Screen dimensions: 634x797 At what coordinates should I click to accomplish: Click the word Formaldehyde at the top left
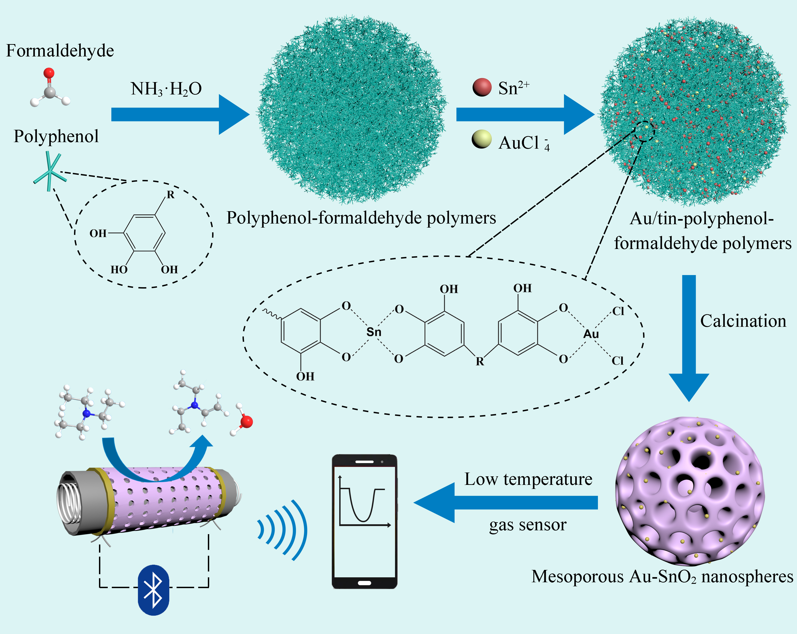point(60,51)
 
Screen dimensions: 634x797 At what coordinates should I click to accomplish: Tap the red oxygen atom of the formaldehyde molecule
point(49,73)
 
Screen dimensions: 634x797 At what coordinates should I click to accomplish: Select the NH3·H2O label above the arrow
point(166,89)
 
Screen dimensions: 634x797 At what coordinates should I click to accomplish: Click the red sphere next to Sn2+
point(482,87)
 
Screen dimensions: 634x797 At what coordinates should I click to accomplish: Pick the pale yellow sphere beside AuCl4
point(481,139)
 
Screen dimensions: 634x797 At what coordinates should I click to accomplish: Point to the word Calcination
point(743,321)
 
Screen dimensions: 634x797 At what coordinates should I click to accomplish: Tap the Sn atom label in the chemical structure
point(374,332)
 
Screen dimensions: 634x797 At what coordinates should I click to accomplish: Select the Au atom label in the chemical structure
point(591,334)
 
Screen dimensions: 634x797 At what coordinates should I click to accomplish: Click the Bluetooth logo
point(153,590)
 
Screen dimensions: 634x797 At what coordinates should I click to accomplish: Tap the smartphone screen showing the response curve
point(364,521)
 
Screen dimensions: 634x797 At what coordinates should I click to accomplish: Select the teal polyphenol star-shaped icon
point(49,172)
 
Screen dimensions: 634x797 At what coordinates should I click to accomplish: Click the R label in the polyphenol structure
point(171,195)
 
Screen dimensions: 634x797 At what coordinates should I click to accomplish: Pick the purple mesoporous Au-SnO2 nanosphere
point(689,492)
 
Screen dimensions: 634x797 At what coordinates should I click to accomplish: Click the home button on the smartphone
point(364,583)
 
